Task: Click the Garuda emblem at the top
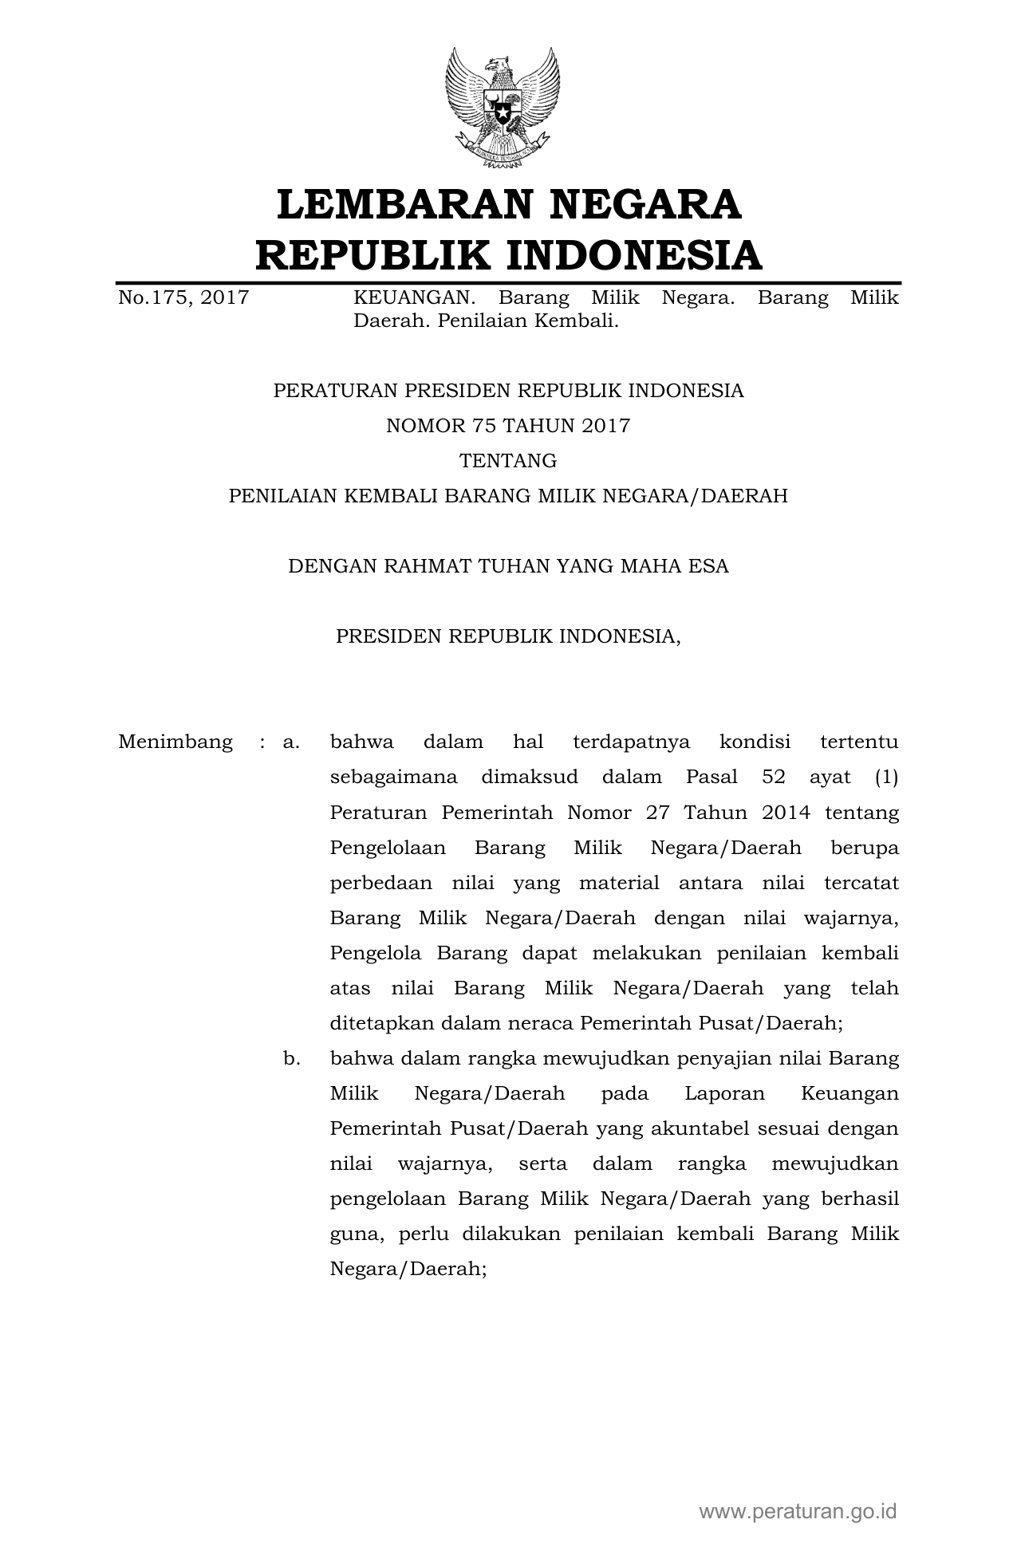[x=502, y=108]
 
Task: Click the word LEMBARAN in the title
[x=404, y=204]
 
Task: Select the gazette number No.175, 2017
[x=183, y=298]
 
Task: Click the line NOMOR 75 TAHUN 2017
[x=508, y=426]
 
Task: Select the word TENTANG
[x=508, y=461]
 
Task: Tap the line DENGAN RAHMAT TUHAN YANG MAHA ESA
[x=508, y=566]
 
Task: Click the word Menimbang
[x=175, y=742]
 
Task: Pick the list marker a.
[x=291, y=742]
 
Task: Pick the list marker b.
[x=291, y=1059]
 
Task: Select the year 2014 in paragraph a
[x=786, y=813]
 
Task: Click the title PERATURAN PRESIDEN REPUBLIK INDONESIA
[x=508, y=391]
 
